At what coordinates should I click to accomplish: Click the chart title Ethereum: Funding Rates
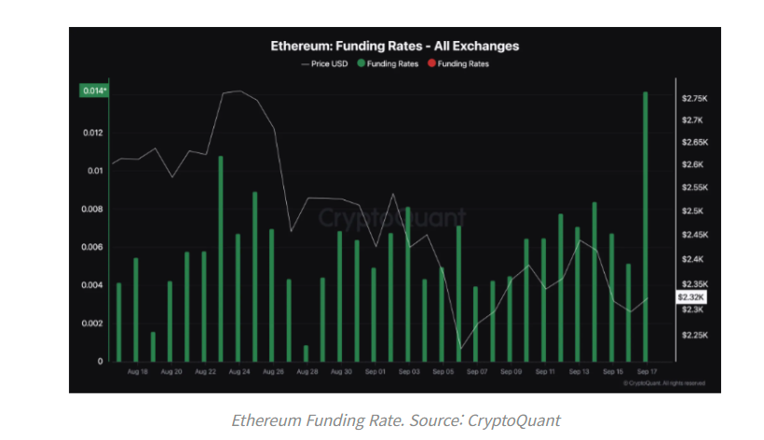tap(395, 45)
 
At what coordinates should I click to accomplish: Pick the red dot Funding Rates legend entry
tap(457, 63)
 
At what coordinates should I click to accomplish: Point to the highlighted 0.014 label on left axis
tap(94, 90)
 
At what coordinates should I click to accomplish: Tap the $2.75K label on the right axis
tap(694, 98)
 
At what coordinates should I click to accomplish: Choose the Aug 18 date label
tap(137, 372)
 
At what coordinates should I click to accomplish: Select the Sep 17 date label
tap(645, 372)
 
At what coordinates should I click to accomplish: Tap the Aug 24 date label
tap(238, 372)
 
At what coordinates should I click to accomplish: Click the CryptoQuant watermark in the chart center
tap(391, 217)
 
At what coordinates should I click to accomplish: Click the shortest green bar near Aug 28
tap(305, 352)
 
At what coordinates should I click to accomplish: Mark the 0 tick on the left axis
tap(101, 361)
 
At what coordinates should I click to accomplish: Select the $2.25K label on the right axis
tap(694, 334)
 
